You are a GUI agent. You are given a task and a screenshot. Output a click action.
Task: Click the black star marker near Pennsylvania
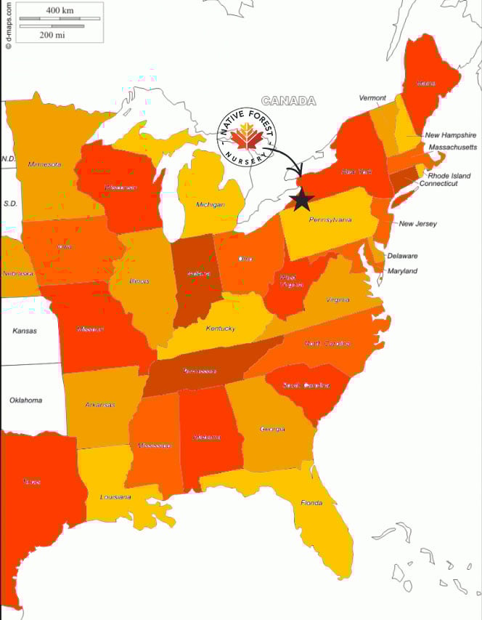click(x=301, y=198)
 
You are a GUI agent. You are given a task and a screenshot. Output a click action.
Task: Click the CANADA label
click(x=288, y=101)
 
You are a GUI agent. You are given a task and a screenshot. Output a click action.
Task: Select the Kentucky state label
click(x=220, y=329)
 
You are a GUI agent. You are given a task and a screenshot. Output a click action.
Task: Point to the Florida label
click(x=311, y=503)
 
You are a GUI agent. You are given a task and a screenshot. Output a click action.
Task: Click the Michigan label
click(x=210, y=205)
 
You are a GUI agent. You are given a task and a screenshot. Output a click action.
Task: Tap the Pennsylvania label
click(x=330, y=220)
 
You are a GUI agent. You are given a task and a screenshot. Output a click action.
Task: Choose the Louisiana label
click(x=115, y=497)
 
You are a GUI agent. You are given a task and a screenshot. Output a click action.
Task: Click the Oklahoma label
click(x=25, y=400)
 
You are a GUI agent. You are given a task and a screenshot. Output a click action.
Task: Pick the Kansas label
click(x=25, y=331)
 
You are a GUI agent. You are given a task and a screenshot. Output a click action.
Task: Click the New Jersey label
click(x=417, y=224)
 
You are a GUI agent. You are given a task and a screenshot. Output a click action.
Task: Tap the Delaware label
click(x=402, y=256)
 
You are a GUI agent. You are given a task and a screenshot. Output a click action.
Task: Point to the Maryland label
click(x=402, y=271)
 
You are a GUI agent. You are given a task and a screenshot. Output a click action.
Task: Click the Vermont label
click(x=372, y=98)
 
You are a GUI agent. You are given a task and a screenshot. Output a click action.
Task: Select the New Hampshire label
click(x=450, y=135)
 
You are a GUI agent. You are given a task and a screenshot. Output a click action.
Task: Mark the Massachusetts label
click(x=453, y=147)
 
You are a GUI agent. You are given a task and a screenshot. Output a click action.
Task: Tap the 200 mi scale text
click(x=52, y=34)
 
